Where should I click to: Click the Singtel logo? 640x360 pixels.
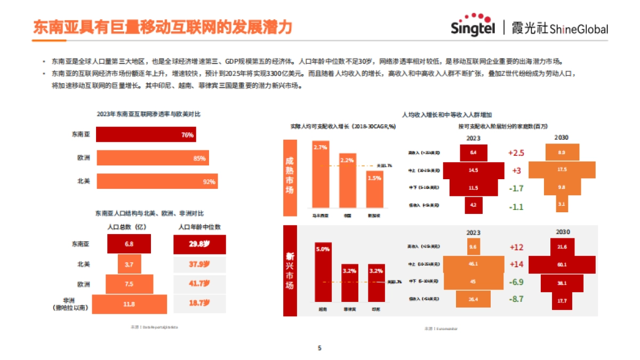tap(473, 26)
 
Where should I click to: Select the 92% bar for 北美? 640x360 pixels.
tap(157, 181)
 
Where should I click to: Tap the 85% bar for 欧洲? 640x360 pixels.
tap(153, 158)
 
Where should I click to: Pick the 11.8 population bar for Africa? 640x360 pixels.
tap(129, 304)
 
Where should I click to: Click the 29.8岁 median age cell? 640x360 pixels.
tap(199, 244)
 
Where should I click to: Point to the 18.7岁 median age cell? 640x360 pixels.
tap(199, 303)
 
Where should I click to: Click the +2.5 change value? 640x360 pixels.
tap(516, 153)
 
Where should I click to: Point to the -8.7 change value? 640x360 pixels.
tap(516, 299)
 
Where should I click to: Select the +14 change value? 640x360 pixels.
tap(516, 264)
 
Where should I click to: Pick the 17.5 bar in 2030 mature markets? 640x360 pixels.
tap(561, 170)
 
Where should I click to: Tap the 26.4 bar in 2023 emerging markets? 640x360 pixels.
tap(473, 299)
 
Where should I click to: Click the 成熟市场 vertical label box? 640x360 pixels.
tap(290, 174)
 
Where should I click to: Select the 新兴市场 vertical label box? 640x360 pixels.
tap(290, 271)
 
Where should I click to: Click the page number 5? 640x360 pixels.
tap(319, 348)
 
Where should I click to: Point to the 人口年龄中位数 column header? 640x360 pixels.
tap(199, 227)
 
